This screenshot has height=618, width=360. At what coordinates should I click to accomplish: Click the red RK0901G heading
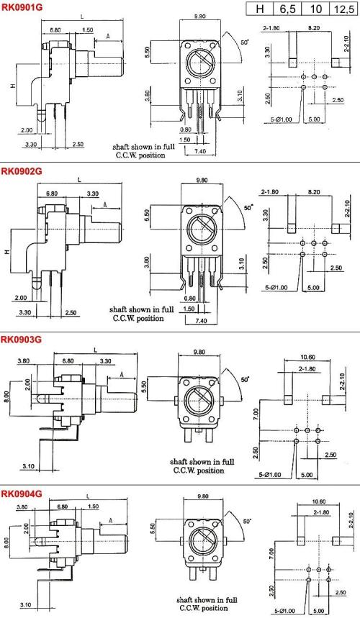[22, 6]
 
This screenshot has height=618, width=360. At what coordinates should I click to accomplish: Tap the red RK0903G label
[22, 340]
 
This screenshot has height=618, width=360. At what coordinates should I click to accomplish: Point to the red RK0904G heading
[22, 494]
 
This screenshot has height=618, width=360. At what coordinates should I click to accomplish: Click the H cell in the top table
[259, 9]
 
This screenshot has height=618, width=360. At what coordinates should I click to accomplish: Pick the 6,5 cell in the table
[287, 9]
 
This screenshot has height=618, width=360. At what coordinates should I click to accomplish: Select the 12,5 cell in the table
[344, 9]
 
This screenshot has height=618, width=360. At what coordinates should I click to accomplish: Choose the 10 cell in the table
[316, 9]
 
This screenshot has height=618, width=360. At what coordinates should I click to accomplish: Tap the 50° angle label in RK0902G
[248, 207]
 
